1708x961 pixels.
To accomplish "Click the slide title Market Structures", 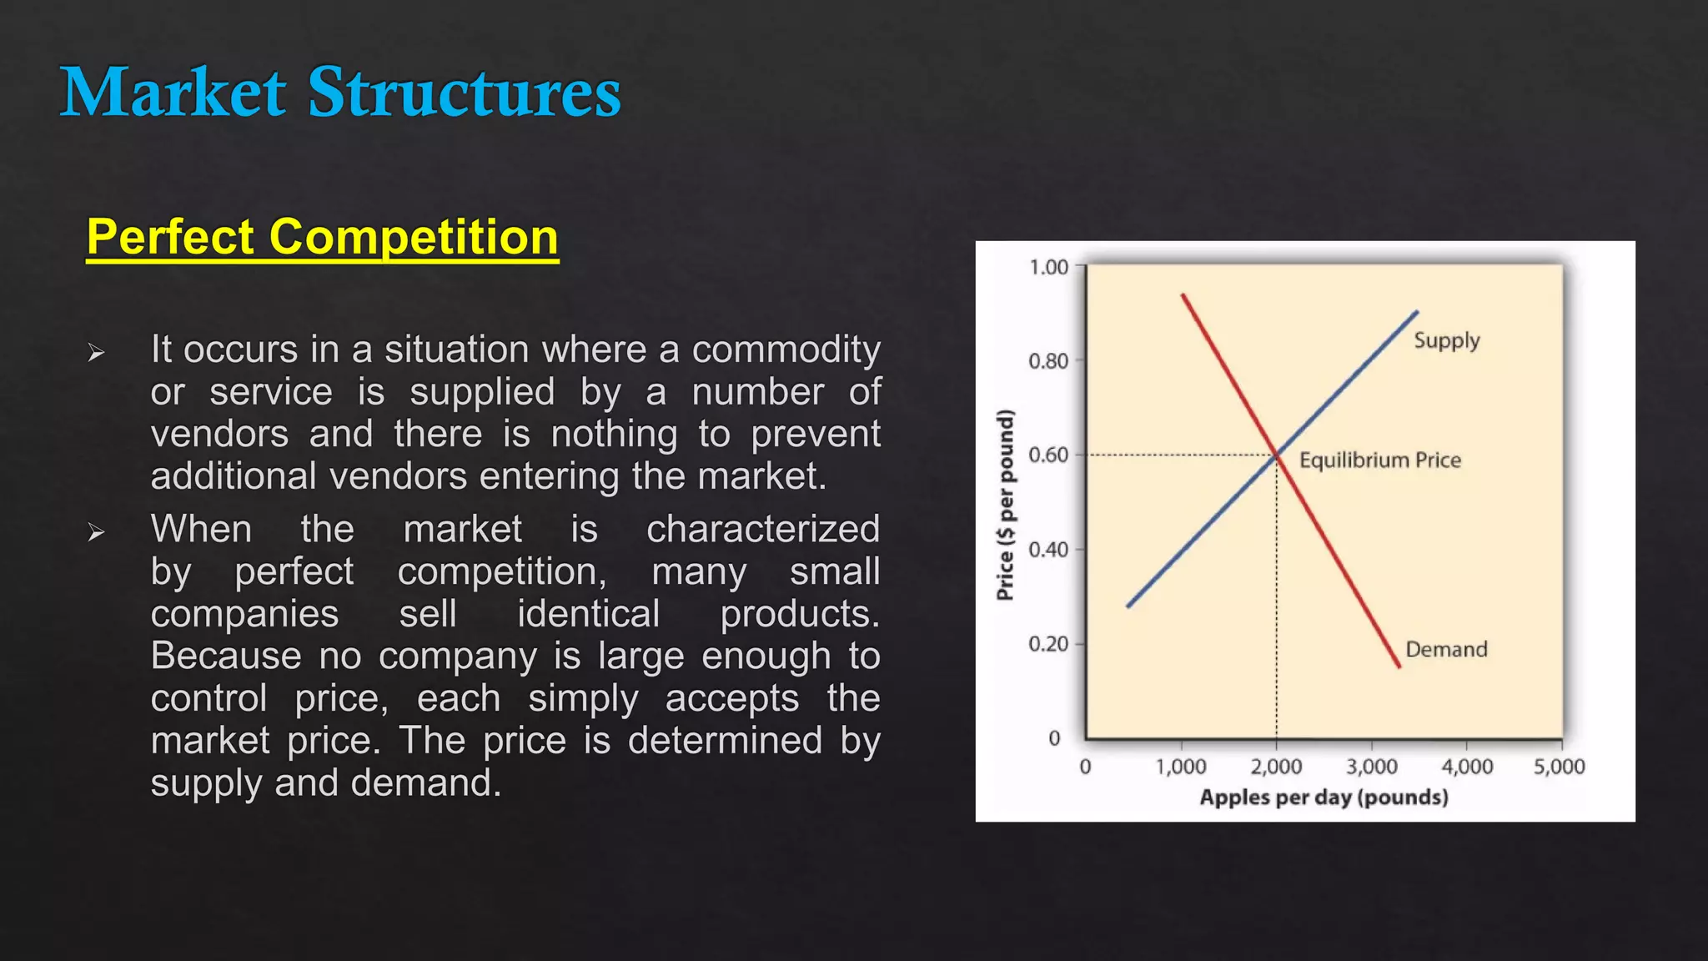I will (x=340, y=92).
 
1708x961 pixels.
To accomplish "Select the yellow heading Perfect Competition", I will (x=322, y=237).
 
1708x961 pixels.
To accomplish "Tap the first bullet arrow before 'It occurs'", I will (x=96, y=353).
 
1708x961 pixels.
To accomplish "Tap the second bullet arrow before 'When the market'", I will (x=96, y=532).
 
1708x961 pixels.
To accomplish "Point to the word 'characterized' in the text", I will (x=762, y=529).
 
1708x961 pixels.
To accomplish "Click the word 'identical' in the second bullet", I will (x=588, y=614).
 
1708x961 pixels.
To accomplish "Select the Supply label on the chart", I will (x=1446, y=340).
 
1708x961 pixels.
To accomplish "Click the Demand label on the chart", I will (x=1446, y=649).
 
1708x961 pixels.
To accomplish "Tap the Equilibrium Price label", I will (x=1379, y=460).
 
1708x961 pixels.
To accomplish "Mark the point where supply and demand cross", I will (x=1276, y=455).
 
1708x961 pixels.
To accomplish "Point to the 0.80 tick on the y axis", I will (x=1048, y=361).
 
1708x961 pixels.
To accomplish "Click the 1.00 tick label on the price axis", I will (x=1048, y=267).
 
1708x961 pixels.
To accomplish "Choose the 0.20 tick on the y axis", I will (x=1048, y=644).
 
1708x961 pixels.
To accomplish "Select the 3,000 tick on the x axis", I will (x=1371, y=766).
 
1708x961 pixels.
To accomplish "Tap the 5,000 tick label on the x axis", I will (x=1559, y=766).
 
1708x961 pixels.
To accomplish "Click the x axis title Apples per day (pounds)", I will (x=1324, y=797).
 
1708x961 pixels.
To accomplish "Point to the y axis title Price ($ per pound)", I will (x=1006, y=504).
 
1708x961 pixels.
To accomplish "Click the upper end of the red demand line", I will (x=1183, y=295).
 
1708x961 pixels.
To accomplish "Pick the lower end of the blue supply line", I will (x=1128, y=606).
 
